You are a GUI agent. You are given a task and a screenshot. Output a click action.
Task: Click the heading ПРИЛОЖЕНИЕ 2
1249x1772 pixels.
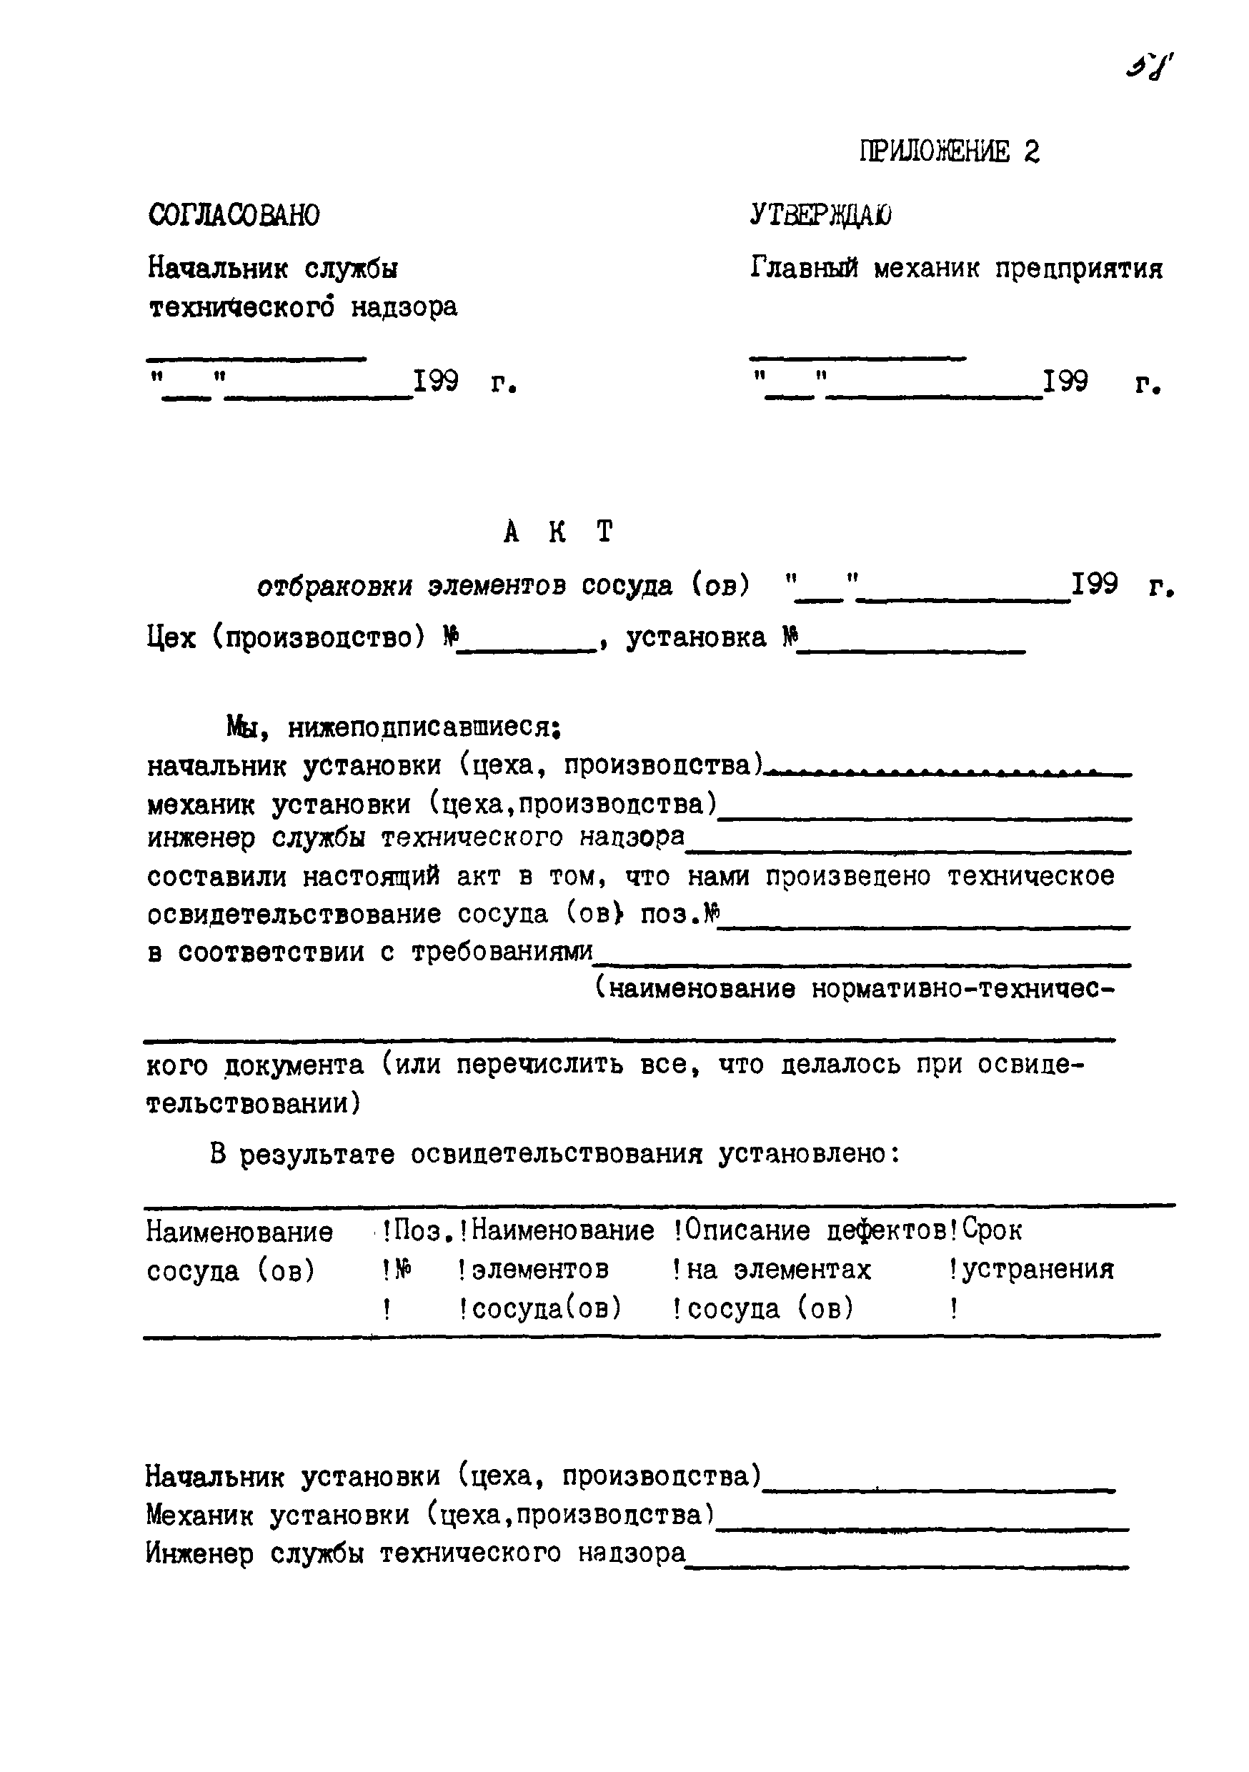pyautogui.click(x=949, y=151)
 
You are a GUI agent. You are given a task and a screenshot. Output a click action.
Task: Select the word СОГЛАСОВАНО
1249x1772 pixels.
pyautogui.click(x=233, y=215)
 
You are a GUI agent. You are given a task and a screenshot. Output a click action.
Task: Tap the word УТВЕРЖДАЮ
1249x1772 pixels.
pyautogui.click(x=820, y=215)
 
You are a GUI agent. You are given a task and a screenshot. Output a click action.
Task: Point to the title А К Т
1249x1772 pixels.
pyautogui.click(x=557, y=532)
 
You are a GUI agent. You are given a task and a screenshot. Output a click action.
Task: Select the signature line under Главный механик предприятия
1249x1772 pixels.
pyautogui.click(x=857, y=358)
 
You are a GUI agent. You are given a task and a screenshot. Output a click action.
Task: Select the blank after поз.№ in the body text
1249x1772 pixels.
pyautogui.click(x=923, y=926)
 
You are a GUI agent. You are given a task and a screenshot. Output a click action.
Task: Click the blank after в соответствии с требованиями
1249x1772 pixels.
pyautogui.click(x=862, y=964)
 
